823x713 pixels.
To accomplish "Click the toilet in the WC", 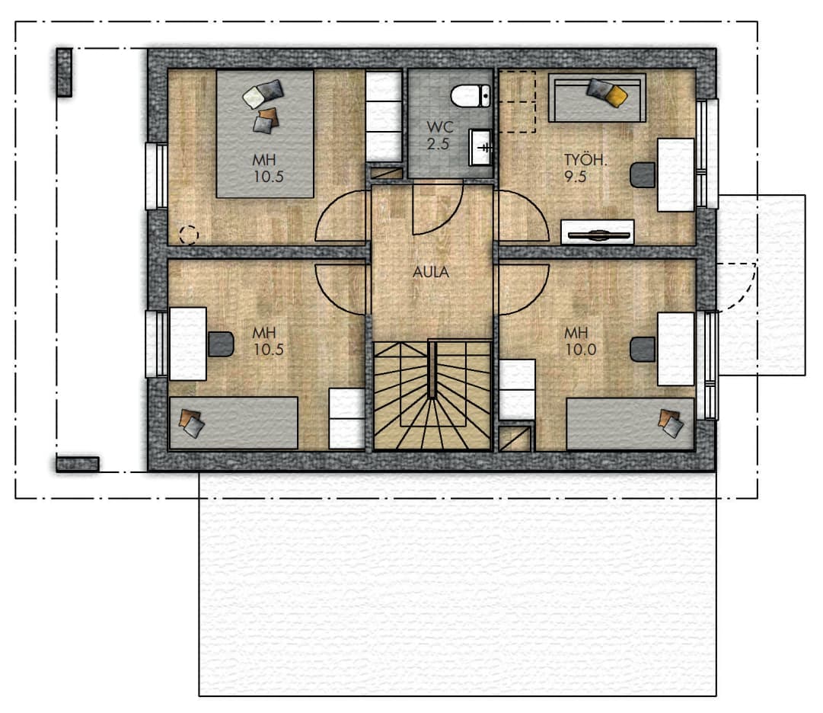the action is pyautogui.click(x=471, y=96).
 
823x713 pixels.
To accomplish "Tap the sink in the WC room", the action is pyautogui.click(x=480, y=148).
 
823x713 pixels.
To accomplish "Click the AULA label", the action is pyautogui.click(x=431, y=272).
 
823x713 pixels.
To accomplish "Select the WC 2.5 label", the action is pyautogui.click(x=439, y=136).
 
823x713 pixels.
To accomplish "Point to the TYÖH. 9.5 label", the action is pyautogui.click(x=585, y=168).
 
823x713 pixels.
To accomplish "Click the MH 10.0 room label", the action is pyautogui.click(x=580, y=341).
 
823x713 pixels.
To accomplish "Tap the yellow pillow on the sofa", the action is pyautogui.click(x=616, y=95).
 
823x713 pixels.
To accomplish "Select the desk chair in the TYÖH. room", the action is pyautogui.click(x=643, y=175).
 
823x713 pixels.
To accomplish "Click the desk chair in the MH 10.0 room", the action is pyautogui.click(x=643, y=350).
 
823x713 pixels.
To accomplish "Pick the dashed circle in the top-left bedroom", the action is pyautogui.click(x=189, y=235).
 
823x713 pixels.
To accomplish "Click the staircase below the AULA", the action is pyautogui.click(x=432, y=395).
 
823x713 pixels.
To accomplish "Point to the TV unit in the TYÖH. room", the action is pyautogui.click(x=598, y=232).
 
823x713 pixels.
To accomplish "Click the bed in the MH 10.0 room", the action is pyautogui.click(x=630, y=424).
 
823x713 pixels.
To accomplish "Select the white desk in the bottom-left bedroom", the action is pyautogui.click(x=188, y=344).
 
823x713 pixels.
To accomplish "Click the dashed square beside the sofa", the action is pyautogui.click(x=517, y=102).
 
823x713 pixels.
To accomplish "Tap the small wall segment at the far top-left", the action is pyautogui.click(x=64, y=72).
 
